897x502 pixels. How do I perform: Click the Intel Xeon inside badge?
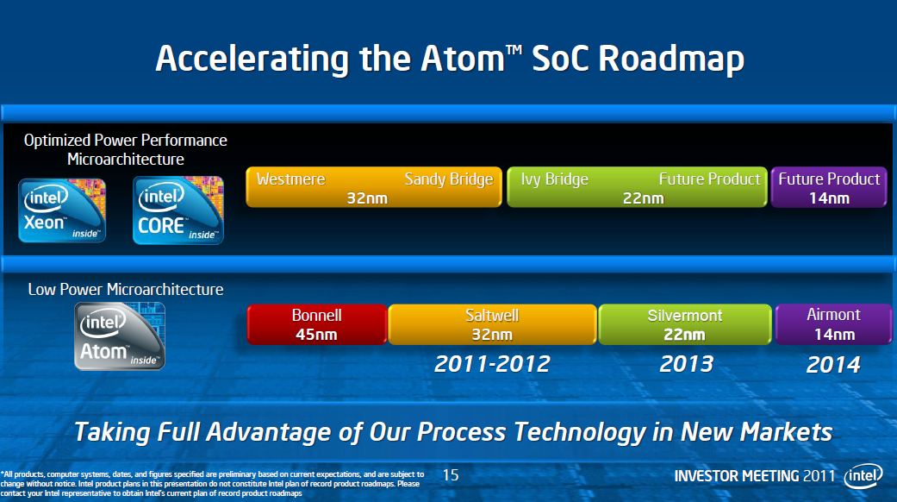pos(62,210)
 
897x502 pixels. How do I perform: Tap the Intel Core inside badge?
pos(178,210)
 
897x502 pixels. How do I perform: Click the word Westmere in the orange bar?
pos(290,179)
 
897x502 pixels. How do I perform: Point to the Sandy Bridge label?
pos(448,179)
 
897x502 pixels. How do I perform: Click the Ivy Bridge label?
pos(554,179)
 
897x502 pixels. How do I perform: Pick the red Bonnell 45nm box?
pos(317,324)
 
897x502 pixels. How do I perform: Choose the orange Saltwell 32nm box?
pos(492,324)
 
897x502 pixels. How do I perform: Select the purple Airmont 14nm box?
pos(832,324)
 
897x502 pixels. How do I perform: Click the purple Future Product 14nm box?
pos(828,188)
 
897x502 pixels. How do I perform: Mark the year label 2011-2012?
pos(492,364)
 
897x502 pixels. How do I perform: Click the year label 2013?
pos(686,364)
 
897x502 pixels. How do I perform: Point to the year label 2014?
pos(832,365)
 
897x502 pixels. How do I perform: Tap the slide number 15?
pos(451,475)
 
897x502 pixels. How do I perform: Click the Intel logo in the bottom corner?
pos(863,475)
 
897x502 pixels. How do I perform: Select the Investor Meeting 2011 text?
pos(754,476)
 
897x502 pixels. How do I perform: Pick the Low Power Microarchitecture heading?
pos(126,290)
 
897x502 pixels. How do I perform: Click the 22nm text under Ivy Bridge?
pos(643,198)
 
